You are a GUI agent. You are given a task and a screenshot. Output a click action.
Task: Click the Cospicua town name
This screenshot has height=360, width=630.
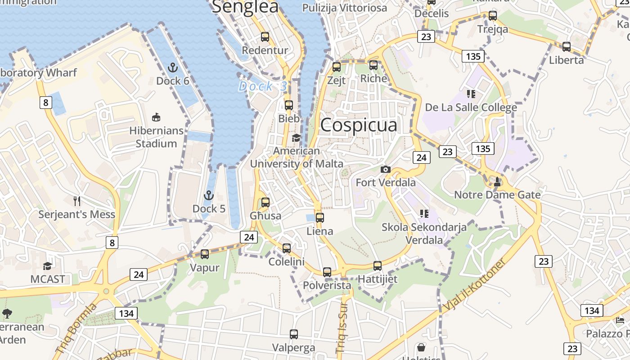coord(359,125)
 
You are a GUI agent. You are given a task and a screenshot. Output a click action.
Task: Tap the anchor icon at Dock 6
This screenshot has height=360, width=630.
coord(172,67)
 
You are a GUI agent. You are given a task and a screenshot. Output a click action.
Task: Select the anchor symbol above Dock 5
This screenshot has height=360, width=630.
coord(208,195)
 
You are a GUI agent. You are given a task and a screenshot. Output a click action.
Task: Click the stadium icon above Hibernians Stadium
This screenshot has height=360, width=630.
coord(156,117)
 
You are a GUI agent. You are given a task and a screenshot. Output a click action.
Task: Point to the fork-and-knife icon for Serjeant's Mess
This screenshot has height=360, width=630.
coord(77,201)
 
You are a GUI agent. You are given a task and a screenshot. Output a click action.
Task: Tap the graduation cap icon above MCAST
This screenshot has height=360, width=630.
coord(47,265)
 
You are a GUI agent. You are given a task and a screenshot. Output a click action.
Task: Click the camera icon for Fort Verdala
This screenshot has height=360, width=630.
coord(386,169)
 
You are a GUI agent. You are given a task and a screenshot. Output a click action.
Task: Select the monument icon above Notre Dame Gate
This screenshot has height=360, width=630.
coord(497,181)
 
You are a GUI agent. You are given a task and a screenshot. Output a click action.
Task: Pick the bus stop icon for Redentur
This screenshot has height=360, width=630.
coord(265,37)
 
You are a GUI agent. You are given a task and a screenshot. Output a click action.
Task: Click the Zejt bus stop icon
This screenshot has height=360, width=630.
coord(336,67)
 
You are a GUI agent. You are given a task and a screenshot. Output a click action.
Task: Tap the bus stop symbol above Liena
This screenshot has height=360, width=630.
coord(319,218)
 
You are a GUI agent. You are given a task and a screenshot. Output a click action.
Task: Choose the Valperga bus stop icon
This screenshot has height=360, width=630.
coord(294,334)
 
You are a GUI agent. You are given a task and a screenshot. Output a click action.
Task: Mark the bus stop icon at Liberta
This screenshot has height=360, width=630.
coord(567,47)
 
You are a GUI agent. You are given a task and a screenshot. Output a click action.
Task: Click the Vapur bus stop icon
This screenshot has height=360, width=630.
coord(205,254)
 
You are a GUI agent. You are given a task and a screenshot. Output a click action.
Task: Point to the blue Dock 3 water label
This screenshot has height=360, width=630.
coord(263,86)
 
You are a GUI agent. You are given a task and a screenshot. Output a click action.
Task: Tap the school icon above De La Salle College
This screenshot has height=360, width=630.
coord(471,94)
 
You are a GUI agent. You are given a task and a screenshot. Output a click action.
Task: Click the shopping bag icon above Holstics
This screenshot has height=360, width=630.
coord(421,347)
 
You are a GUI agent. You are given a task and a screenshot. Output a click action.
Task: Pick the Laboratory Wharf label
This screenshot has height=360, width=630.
coord(38,73)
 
